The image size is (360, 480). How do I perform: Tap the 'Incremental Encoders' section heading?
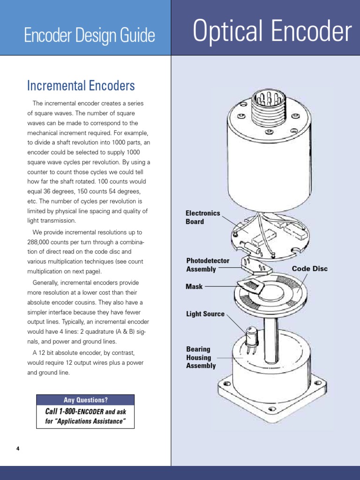click(x=81, y=86)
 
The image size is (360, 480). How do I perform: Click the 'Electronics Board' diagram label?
click(x=202, y=217)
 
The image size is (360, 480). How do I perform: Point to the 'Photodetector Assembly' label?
click(x=208, y=265)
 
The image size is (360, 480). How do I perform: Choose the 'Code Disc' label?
click(x=310, y=269)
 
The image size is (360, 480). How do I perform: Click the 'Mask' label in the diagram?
click(x=194, y=286)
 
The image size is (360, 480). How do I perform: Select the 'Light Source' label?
click(x=205, y=314)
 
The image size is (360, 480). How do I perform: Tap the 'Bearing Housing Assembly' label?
click(x=201, y=357)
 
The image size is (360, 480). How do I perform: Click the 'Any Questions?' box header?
click(x=85, y=400)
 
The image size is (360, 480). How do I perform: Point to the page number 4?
click(x=18, y=449)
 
